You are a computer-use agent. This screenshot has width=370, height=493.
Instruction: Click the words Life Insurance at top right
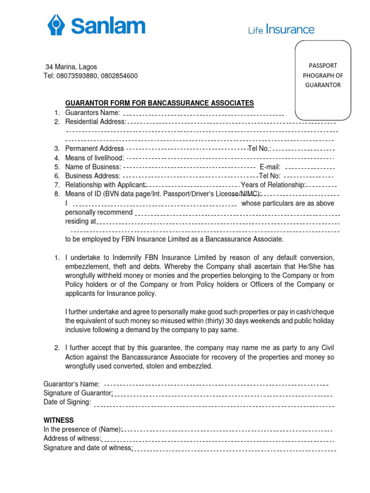tap(281, 30)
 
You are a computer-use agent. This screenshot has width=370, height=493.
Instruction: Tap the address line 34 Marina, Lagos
tap(71, 66)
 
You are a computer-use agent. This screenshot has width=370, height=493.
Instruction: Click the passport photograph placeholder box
tap(322, 80)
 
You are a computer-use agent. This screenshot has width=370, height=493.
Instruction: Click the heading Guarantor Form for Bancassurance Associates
tap(159, 103)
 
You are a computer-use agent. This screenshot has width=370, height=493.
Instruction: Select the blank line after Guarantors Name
tap(203, 114)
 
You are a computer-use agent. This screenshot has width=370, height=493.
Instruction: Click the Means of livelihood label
tap(94, 158)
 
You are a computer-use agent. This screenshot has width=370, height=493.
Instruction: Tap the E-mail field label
tap(270, 167)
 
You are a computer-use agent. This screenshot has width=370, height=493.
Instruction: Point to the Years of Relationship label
tap(273, 185)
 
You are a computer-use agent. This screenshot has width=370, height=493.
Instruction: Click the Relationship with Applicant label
tap(106, 185)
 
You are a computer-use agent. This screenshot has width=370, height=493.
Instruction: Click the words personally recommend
tap(99, 212)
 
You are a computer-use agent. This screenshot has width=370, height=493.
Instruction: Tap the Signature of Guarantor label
tap(78, 393)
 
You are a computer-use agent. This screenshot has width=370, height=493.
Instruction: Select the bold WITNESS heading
tap(58, 420)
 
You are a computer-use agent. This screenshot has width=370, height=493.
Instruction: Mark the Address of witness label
tap(72, 438)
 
